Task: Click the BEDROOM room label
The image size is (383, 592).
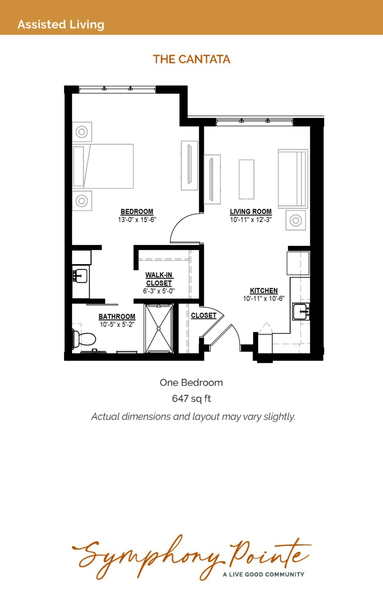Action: (x=137, y=212)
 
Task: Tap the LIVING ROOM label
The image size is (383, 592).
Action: (x=251, y=212)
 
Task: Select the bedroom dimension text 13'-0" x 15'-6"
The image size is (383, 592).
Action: (x=137, y=219)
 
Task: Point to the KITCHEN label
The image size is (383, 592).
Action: (x=264, y=291)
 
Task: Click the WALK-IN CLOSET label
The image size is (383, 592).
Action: (x=159, y=279)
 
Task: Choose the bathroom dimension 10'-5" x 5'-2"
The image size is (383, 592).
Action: (x=117, y=324)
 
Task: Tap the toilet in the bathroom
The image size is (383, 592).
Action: (x=84, y=338)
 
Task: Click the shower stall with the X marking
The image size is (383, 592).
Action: (x=159, y=328)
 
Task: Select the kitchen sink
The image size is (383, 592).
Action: (x=301, y=311)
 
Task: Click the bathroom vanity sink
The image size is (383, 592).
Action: (x=80, y=276)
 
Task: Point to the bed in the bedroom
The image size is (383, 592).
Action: (x=103, y=166)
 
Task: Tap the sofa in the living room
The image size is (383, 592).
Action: (x=293, y=179)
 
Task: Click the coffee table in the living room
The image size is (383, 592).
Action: (x=247, y=179)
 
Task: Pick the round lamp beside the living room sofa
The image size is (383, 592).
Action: (x=296, y=220)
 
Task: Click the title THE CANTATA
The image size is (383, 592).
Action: (x=191, y=59)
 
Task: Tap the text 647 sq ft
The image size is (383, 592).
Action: (x=191, y=399)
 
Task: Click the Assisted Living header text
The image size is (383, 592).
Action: (x=61, y=24)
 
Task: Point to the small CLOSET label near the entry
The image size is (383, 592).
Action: (x=204, y=315)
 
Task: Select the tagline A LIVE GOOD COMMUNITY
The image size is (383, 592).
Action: (x=264, y=574)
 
